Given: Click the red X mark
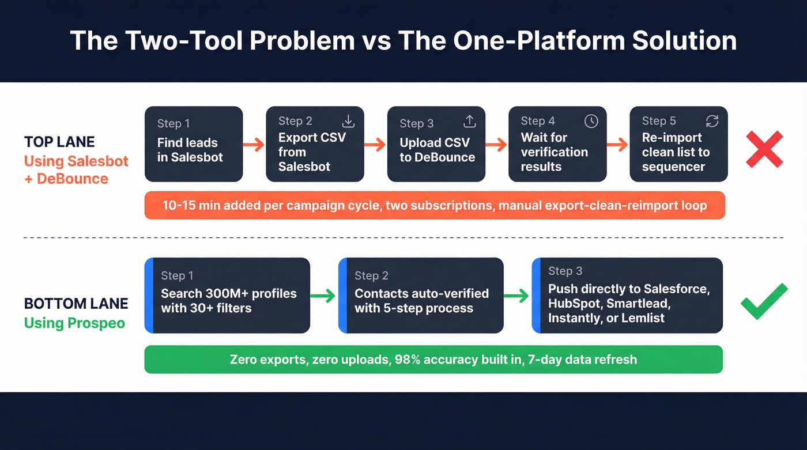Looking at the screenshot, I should tap(764, 149).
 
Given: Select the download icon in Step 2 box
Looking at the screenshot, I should tap(348, 121).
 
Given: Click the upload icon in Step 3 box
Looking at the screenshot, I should tap(470, 121).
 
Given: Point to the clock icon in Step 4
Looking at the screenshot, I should tap(591, 121).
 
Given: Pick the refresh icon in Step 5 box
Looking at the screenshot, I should tap(712, 121).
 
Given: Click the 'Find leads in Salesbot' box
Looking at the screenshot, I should tap(194, 144).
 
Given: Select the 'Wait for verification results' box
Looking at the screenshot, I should tap(557, 144).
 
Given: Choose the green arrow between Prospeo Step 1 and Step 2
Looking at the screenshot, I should tap(323, 296).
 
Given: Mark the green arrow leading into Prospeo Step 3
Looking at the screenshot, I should tap(517, 296).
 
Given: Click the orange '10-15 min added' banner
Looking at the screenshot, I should tap(435, 205).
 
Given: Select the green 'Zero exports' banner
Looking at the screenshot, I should tap(433, 360).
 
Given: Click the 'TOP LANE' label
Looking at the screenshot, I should tap(59, 142).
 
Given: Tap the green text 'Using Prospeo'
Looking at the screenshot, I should tap(74, 323).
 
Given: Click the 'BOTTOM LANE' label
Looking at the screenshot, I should tap(76, 304).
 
